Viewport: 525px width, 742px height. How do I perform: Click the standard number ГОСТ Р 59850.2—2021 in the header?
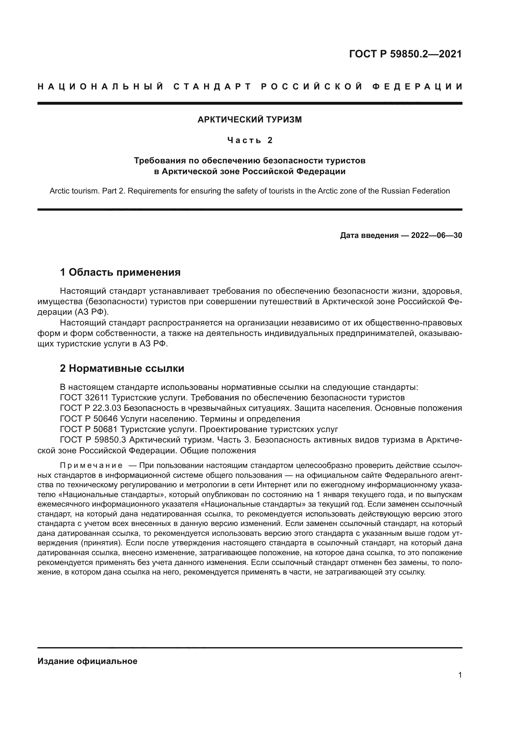click(x=405, y=54)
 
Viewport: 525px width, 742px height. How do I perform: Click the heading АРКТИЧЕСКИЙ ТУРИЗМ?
click(x=249, y=120)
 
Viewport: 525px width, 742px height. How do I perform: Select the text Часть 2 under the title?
click(x=250, y=140)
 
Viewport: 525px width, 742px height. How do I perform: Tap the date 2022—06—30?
click(x=436, y=235)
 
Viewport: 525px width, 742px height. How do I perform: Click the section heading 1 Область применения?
click(x=120, y=272)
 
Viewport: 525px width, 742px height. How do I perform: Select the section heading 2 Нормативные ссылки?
click(x=122, y=368)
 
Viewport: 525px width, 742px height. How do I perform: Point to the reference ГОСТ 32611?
click(x=86, y=397)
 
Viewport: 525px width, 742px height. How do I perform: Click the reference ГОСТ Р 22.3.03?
click(x=91, y=408)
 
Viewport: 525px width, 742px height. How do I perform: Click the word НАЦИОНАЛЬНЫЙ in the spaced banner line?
click(x=101, y=87)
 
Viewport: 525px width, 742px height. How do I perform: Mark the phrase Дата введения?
click(x=369, y=235)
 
